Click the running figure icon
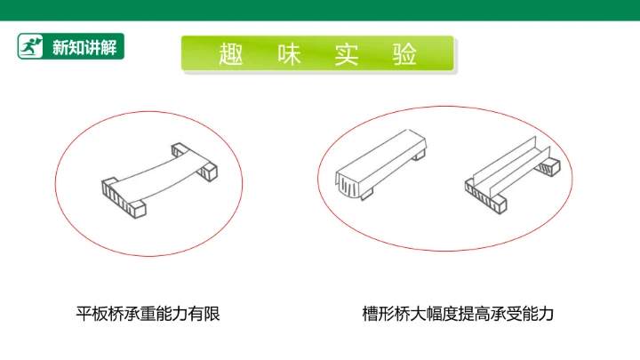[x=30, y=46]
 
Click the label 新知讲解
[x=84, y=47]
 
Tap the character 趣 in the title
[x=231, y=54]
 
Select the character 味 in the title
[x=289, y=54]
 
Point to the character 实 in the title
[x=347, y=54]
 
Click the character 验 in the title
[x=404, y=54]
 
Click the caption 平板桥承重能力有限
[x=148, y=314]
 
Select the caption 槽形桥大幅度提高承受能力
[x=458, y=314]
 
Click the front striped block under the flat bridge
[x=124, y=198]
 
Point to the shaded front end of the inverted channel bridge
[x=348, y=185]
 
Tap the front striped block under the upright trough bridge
[x=485, y=196]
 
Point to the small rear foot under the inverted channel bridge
[x=419, y=155]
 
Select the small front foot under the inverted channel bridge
[x=366, y=195]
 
